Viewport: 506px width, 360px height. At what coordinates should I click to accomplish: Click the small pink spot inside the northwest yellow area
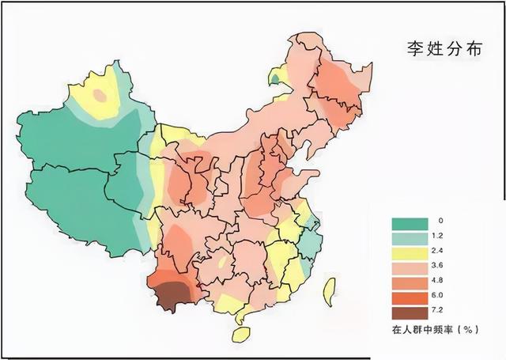[x=100, y=95]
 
